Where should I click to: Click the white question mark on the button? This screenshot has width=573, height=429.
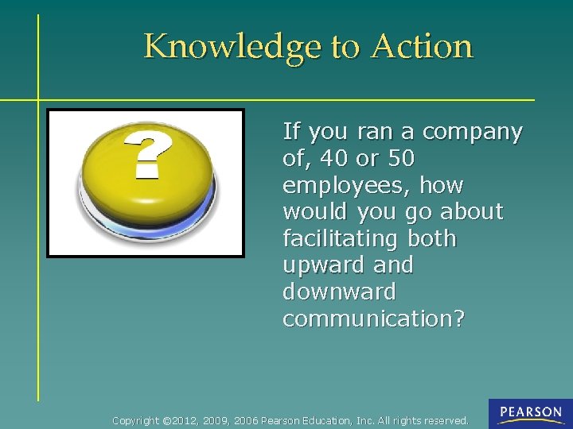tap(149, 154)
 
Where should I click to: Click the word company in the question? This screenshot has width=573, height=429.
tap(472, 132)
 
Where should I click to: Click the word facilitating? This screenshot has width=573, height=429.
tap(341, 239)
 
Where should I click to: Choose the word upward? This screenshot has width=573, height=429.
tap(323, 265)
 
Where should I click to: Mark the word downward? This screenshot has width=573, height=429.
tap(339, 292)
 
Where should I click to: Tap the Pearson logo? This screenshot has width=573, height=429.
tap(530, 413)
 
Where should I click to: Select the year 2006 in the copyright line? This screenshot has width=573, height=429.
tap(247, 420)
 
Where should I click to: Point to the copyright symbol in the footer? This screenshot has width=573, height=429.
tap(166, 420)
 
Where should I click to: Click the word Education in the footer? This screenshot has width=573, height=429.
tap(328, 420)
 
